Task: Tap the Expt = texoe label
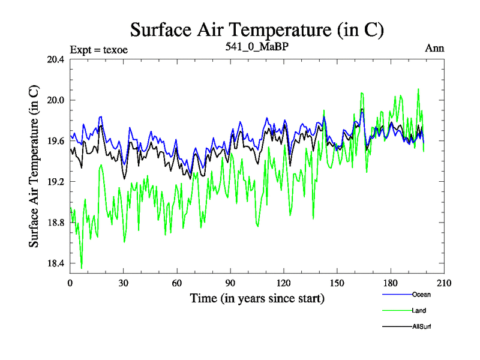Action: tap(99, 49)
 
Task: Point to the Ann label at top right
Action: tap(434, 48)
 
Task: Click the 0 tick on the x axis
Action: tap(70, 283)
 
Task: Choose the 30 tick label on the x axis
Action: tap(124, 283)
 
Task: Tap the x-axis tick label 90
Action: tap(230, 283)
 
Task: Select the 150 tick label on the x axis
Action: tap(337, 283)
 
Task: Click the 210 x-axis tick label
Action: tap(444, 283)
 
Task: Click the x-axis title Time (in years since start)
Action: tap(257, 298)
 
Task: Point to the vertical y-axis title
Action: tap(34, 167)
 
